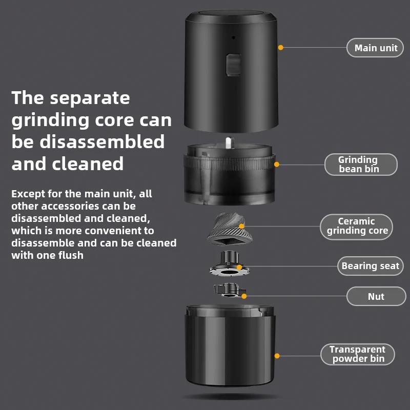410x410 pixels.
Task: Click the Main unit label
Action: point(376,48)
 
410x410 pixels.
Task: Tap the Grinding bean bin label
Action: point(361,165)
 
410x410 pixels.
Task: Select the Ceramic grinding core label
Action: point(357,226)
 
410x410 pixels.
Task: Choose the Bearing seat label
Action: point(370,266)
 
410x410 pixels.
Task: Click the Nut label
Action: point(376,296)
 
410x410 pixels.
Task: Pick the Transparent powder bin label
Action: point(358,354)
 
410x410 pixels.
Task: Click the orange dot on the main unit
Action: point(281,48)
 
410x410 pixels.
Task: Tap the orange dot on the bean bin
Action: point(277,165)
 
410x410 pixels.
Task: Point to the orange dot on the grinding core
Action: point(242,225)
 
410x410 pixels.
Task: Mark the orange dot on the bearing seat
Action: point(239,267)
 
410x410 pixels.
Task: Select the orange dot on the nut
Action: point(244,296)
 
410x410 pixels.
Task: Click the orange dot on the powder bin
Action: point(277,355)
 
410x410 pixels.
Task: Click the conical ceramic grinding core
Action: point(225,228)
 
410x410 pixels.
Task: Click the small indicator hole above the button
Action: point(233,37)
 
